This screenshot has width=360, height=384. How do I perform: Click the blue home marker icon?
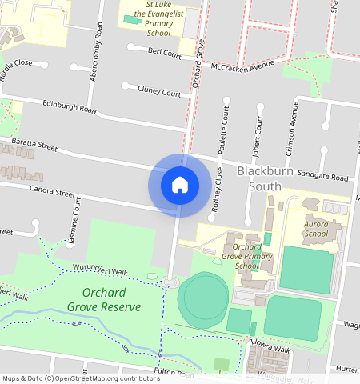[x=180, y=186]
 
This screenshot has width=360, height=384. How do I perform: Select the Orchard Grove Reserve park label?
[x=104, y=300]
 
